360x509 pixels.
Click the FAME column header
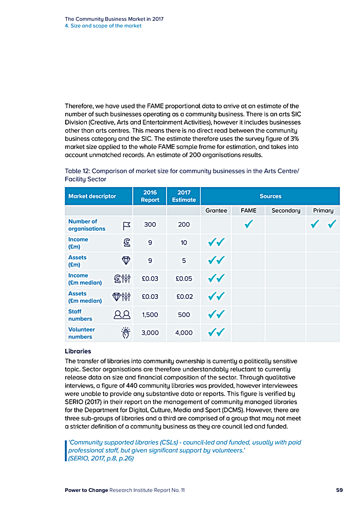[249, 210]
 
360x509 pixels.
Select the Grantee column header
[216, 210]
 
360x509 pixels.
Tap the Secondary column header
[286, 210]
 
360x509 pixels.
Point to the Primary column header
[323, 210]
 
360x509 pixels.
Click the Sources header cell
[270, 196]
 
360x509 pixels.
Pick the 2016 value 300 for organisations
[150, 224]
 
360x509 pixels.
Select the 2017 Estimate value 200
[184, 224]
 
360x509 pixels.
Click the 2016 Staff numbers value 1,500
[150, 315]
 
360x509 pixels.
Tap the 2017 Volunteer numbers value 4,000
[184, 333]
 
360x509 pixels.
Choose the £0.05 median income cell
[184, 279]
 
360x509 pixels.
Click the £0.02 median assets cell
[184, 297]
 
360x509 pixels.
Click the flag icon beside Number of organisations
[126, 225]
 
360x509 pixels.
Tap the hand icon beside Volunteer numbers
[126, 333]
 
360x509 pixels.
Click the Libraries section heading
[78, 351]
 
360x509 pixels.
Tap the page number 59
[339, 490]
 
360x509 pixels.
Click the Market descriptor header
[92, 196]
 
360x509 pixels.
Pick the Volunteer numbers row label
[81, 333]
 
